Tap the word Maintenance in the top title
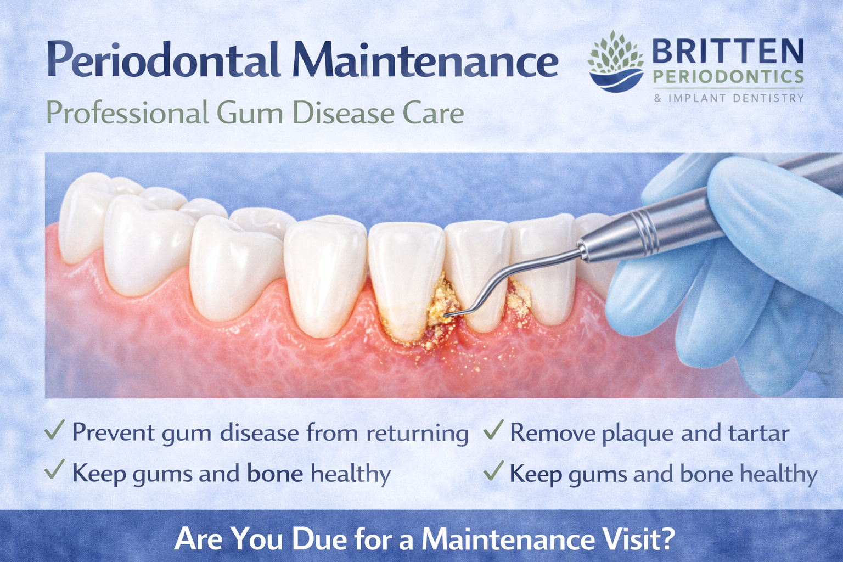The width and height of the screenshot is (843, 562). [425, 60]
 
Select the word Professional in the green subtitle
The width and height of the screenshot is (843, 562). [127, 113]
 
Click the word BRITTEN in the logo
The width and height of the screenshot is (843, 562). [728, 53]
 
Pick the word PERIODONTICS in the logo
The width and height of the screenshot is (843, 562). [728, 77]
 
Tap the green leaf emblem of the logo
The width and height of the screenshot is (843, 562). [615, 52]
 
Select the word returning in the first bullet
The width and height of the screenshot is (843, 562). [417, 433]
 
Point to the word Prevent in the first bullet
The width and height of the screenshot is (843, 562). [114, 433]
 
